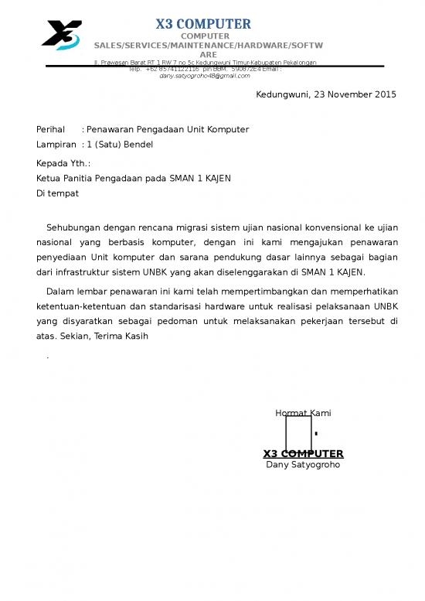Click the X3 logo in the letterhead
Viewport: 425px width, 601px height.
pyautogui.click(x=61, y=35)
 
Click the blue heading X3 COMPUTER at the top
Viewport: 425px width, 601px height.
pyautogui.click(x=203, y=24)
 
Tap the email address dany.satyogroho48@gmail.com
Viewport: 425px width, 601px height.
pyautogui.click(x=205, y=76)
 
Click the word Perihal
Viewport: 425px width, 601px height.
pyautogui.click(x=50, y=129)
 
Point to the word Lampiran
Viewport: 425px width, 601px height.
pyautogui.click(x=56, y=144)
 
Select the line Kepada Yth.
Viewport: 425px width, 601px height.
pyautogui.click(x=63, y=163)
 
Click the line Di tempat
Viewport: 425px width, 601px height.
pyautogui.click(x=57, y=193)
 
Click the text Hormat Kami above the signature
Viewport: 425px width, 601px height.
pyautogui.click(x=303, y=413)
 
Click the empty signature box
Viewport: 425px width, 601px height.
pyautogui.click(x=298, y=433)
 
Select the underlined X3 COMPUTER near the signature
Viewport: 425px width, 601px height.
pyautogui.click(x=303, y=453)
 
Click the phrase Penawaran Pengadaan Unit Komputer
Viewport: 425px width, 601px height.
pyautogui.click(x=168, y=129)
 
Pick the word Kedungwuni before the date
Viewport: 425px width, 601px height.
pyautogui.click(x=282, y=94)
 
